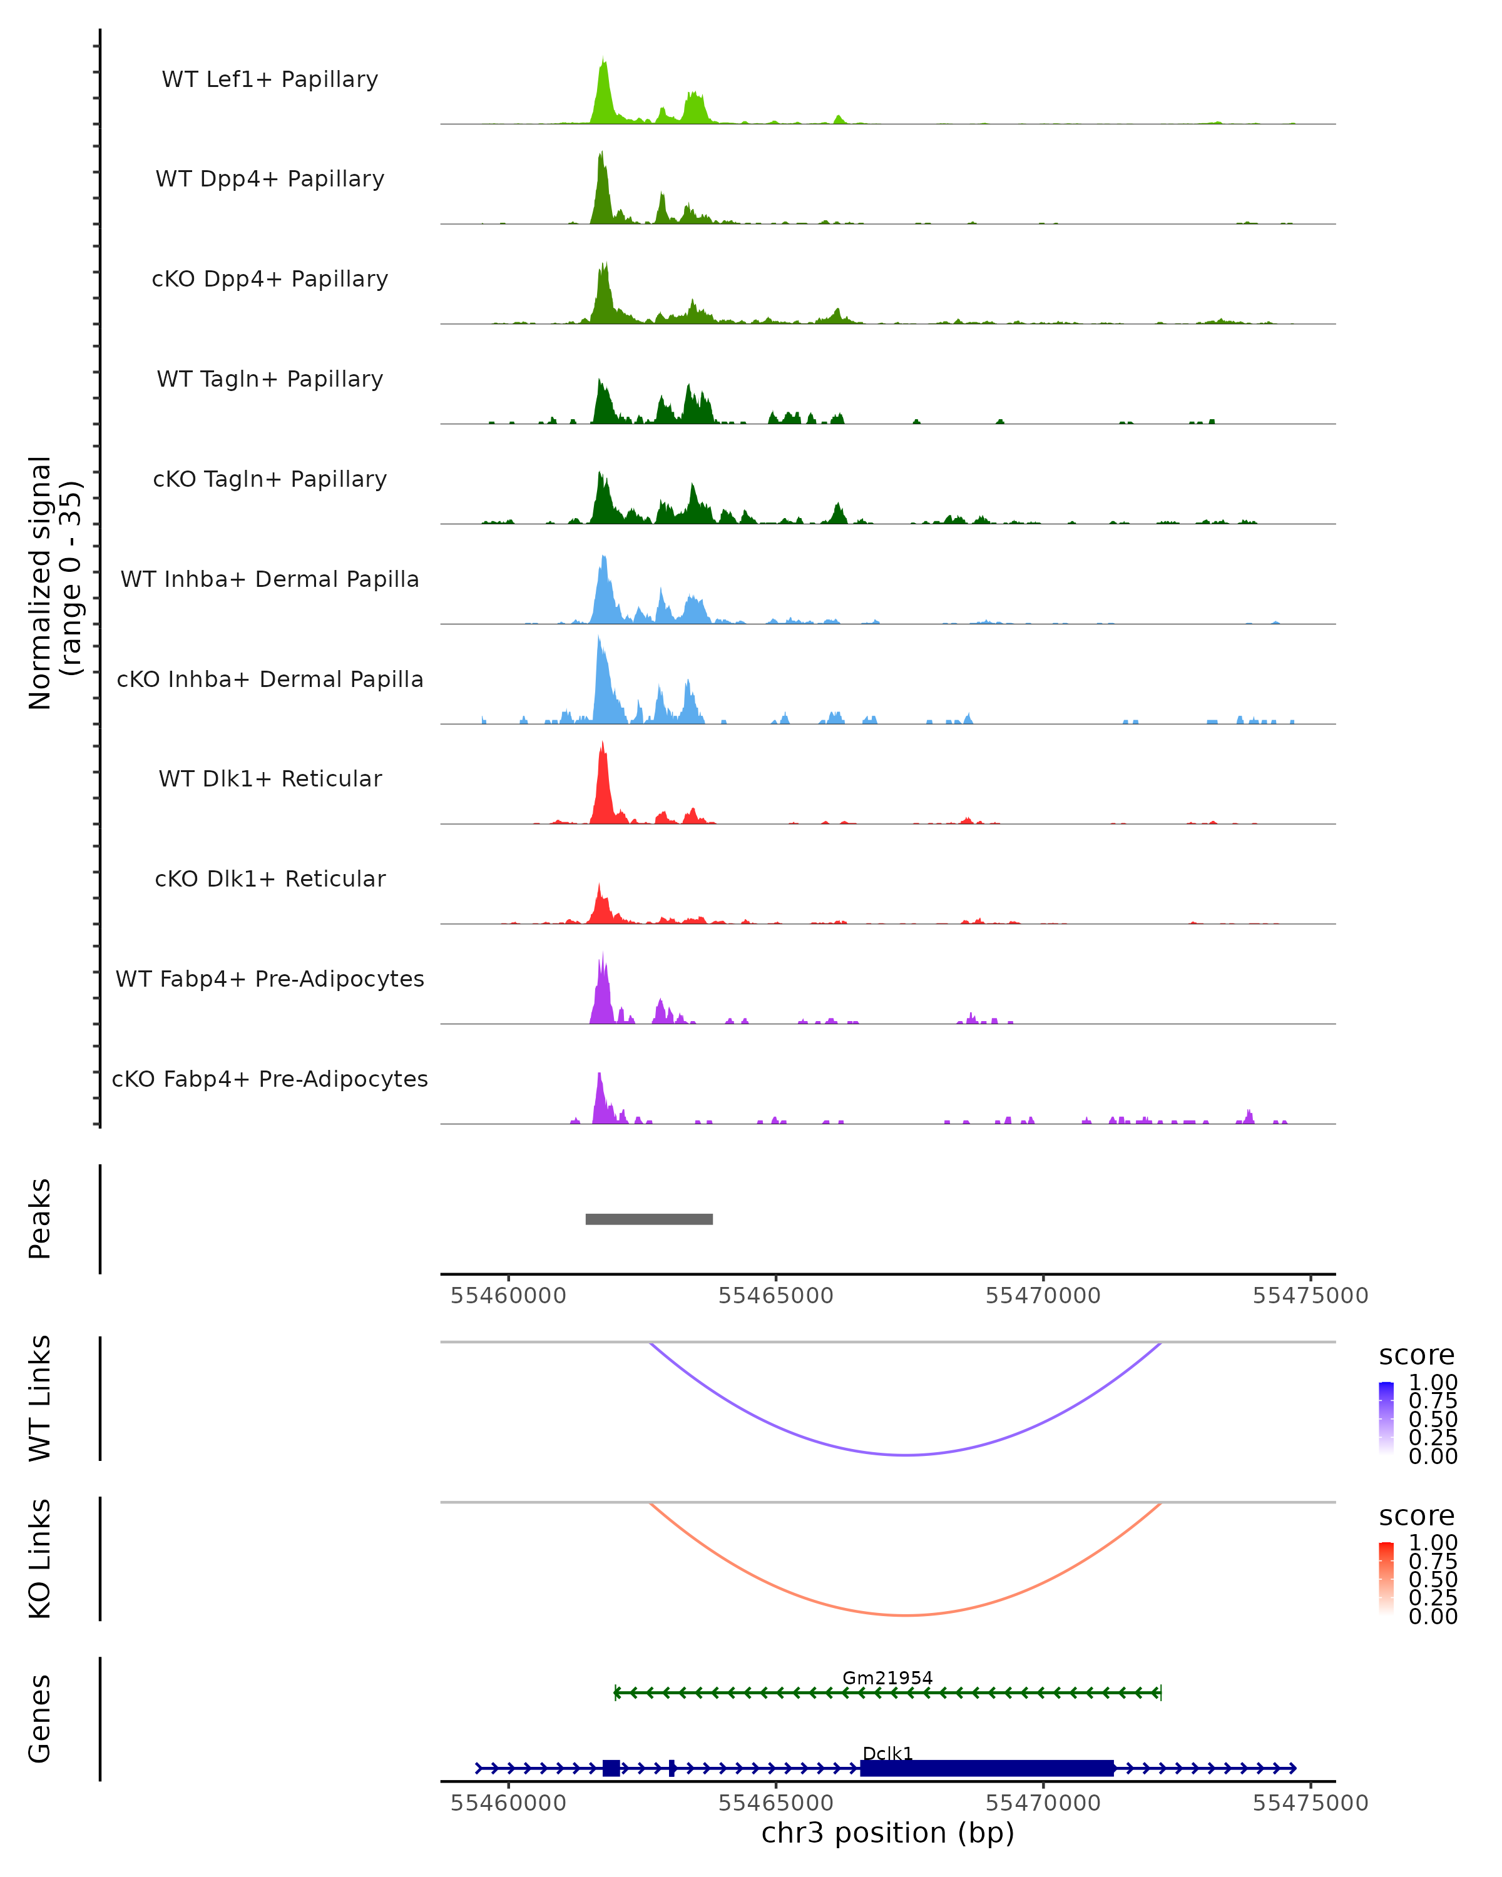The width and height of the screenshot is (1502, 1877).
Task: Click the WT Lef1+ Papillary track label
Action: coord(270,79)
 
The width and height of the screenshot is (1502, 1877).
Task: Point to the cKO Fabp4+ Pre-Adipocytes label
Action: coord(270,1079)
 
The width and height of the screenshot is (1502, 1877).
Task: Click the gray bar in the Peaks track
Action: coord(649,1219)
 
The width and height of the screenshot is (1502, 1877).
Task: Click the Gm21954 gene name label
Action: coord(887,1677)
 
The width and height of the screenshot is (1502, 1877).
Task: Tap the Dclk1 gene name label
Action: coord(887,1753)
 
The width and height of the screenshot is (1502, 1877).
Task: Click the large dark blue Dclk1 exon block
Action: coord(986,1768)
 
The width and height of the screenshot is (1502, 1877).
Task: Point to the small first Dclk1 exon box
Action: coord(611,1768)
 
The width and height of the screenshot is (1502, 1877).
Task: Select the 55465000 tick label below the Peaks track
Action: coord(776,1296)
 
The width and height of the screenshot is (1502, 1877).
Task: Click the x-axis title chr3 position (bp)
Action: coord(887,1833)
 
